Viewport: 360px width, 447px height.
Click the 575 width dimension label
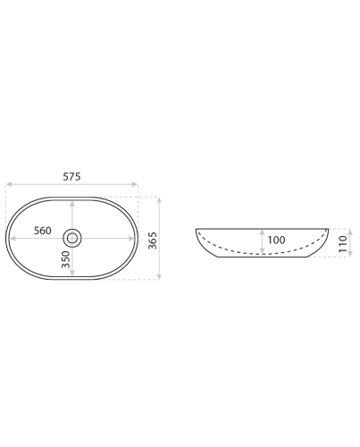point(71,177)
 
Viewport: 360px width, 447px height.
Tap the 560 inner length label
point(43,231)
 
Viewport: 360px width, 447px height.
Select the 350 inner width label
point(66,259)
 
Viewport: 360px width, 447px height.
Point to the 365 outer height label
point(152,240)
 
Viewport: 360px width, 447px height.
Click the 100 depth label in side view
point(276,240)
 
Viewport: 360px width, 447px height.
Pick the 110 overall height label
point(343,244)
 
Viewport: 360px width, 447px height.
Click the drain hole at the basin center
point(72,238)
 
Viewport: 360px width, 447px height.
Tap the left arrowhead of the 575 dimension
point(9,184)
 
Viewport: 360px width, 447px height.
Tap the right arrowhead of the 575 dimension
point(135,184)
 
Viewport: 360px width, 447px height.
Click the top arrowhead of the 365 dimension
point(159,200)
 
